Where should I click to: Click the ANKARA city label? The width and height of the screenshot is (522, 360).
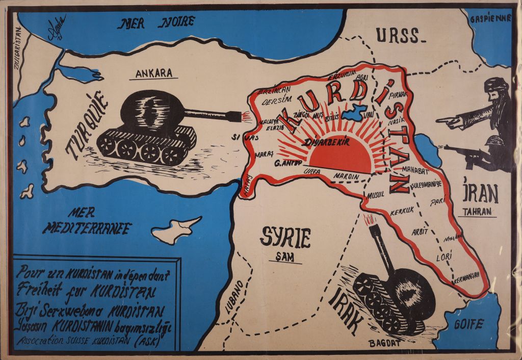click(x=154, y=72)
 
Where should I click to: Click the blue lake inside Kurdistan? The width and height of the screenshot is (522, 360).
click(x=353, y=113)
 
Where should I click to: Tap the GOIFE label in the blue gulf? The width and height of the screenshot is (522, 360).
click(x=472, y=324)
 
